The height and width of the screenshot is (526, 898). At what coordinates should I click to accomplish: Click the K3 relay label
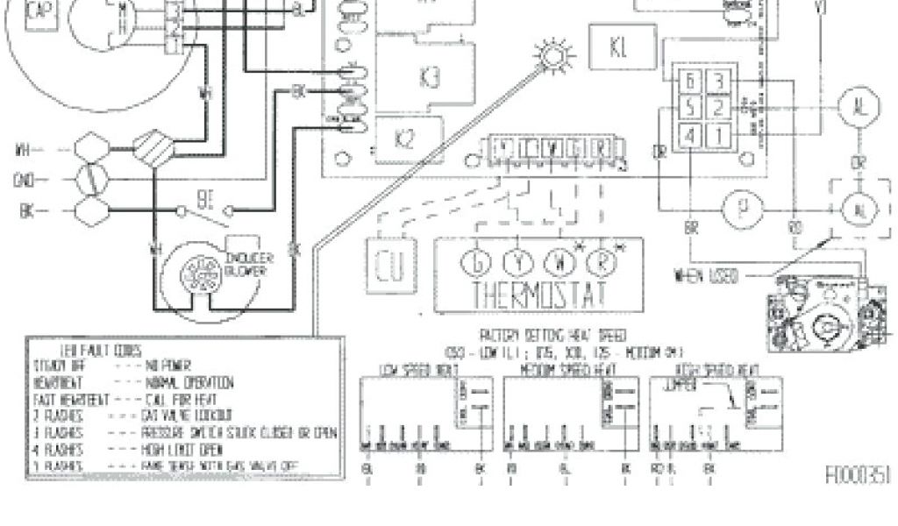(431, 78)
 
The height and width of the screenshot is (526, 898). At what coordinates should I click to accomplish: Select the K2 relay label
(403, 139)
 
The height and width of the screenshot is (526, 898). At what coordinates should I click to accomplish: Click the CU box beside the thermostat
(387, 267)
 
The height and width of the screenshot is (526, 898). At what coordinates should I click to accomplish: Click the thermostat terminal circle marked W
(559, 260)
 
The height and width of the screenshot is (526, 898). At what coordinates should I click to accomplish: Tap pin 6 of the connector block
(691, 82)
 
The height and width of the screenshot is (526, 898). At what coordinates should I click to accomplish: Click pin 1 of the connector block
(717, 136)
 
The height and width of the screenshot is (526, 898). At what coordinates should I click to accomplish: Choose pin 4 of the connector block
(691, 136)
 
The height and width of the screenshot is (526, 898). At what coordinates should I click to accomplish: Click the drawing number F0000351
(859, 476)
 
